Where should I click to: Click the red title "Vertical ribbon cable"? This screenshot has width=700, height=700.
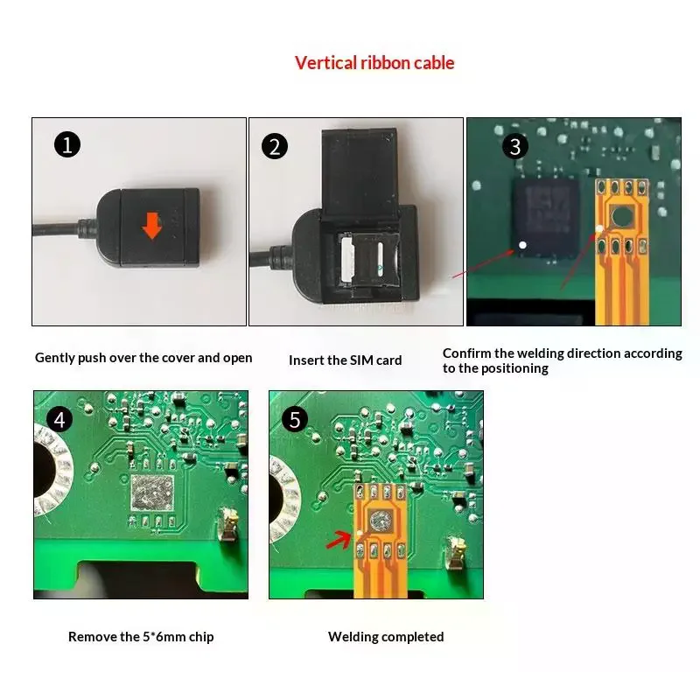click(374, 63)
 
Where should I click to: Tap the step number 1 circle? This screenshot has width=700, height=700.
click(66, 144)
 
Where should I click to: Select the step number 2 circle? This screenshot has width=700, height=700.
click(276, 145)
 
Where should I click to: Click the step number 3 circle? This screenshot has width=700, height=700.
click(515, 145)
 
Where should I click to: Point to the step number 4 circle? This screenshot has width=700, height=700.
click(59, 419)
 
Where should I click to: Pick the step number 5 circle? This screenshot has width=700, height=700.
click(294, 420)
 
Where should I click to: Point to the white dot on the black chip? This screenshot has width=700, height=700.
click(522, 246)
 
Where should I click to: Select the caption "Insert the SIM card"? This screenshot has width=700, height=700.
click(346, 360)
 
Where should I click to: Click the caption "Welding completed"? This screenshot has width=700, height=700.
click(386, 637)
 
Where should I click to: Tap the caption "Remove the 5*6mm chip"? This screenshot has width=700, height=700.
click(141, 637)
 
